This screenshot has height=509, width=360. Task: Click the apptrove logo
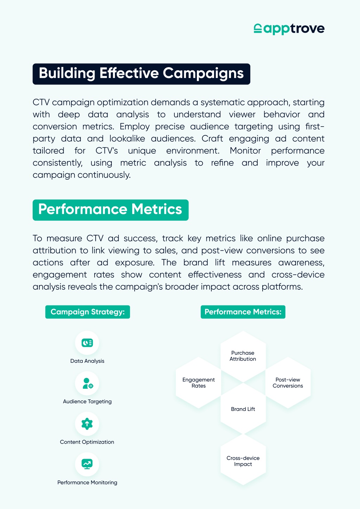click(x=289, y=29)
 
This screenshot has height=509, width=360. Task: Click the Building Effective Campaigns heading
click(x=141, y=74)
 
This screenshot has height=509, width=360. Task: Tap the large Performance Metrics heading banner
click(x=110, y=210)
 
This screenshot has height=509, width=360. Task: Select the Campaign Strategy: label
click(x=88, y=312)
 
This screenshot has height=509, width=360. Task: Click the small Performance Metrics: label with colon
click(x=243, y=312)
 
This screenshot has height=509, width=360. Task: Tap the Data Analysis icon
click(x=87, y=343)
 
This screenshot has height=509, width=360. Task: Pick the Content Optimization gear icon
click(x=87, y=424)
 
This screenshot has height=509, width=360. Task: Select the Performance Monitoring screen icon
click(x=87, y=464)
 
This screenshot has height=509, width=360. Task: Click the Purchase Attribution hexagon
click(x=243, y=356)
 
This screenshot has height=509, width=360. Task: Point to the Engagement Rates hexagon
click(x=198, y=383)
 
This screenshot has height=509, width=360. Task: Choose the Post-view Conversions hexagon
click(x=288, y=383)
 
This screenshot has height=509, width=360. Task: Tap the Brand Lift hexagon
click(x=243, y=408)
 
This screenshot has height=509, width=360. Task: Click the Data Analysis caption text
click(x=87, y=361)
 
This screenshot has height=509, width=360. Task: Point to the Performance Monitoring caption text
click(x=87, y=483)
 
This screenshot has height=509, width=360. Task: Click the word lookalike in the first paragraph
click(x=127, y=138)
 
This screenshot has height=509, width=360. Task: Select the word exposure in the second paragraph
click(x=135, y=263)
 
